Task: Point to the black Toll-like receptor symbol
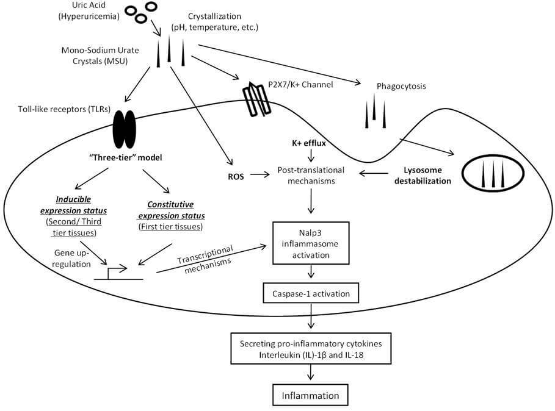tap(124, 129)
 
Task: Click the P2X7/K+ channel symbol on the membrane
tap(256, 99)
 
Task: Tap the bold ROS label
tap(236, 176)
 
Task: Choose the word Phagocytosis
tap(401, 86)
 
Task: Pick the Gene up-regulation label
tap(72, 259)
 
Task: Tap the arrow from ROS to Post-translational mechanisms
tap(260, 174)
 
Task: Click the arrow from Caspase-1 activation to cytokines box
tap(311, 316)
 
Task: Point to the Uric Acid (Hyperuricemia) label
tap(89, 11)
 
